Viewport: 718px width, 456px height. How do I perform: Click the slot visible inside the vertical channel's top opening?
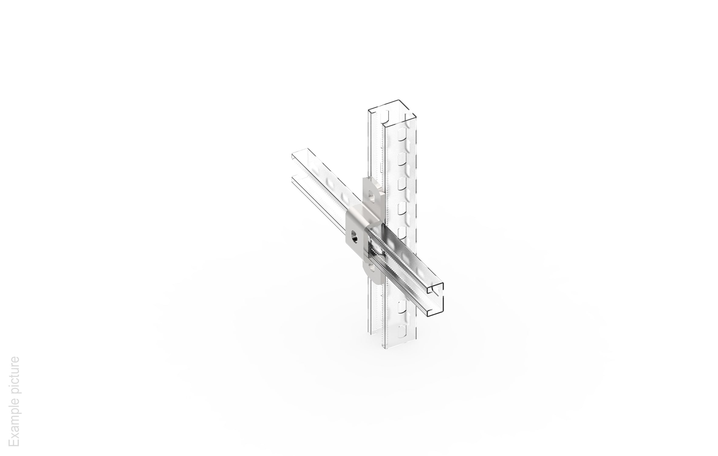click(385, 115)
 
